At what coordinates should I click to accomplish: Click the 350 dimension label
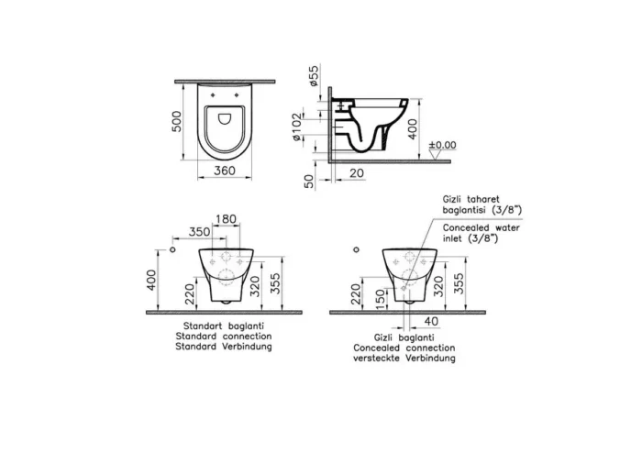[199, 232]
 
